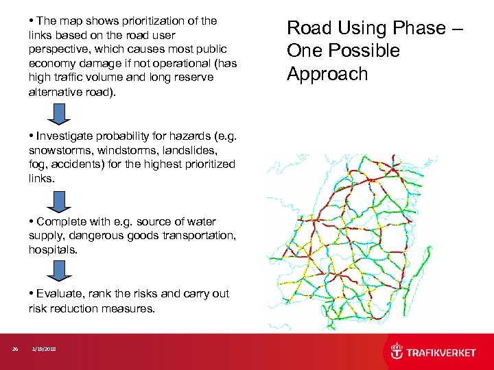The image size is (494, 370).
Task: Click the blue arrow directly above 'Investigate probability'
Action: click(x=59, y=113)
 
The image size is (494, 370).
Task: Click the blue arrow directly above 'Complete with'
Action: click(x=59, y=199)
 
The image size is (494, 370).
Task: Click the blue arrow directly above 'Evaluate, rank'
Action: click(x=59, y=271)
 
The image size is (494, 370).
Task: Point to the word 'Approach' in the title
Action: click(x=327, y=74)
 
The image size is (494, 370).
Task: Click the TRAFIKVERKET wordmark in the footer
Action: click(x=441, y=352)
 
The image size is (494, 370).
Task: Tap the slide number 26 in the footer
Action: click(x=15, y=349)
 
